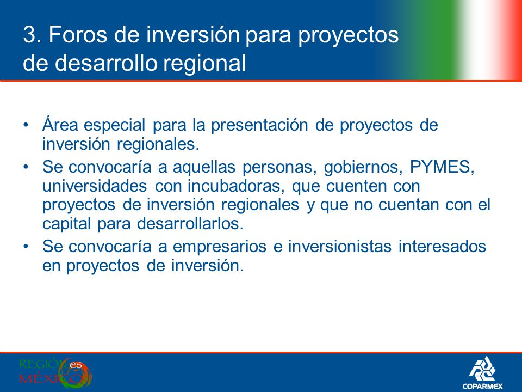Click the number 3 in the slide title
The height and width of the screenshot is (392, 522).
pos(29,34)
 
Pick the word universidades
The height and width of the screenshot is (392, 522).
pos(95,186)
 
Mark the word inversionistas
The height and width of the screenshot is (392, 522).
pos(339,247)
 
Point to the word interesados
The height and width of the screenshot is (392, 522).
pos(443,247)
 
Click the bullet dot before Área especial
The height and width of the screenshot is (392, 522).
pos(26,125)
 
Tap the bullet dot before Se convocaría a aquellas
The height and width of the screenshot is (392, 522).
pos(26,167)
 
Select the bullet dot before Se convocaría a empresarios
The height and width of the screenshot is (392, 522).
pos(26,247)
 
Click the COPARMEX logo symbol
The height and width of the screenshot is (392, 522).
pos(482,369)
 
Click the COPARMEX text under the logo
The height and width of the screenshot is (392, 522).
pos(482,386)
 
